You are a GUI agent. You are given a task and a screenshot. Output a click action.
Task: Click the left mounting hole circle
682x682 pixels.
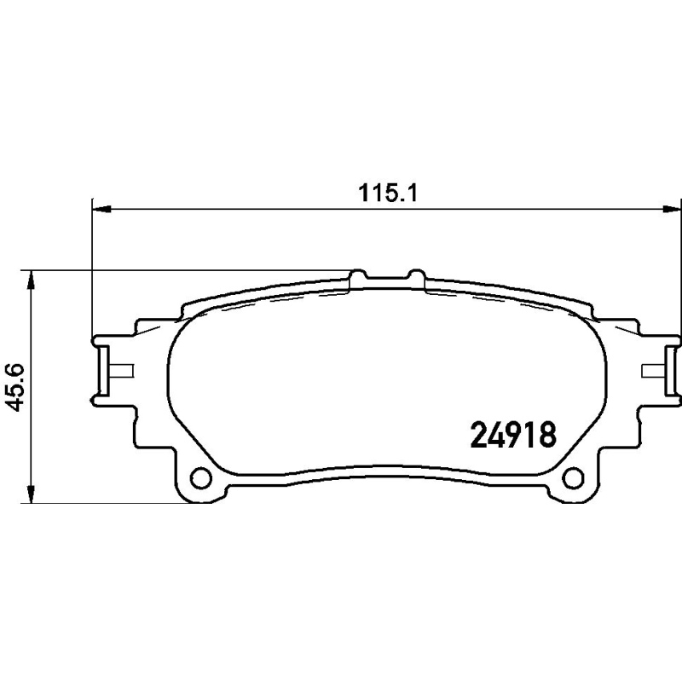click(199, 478)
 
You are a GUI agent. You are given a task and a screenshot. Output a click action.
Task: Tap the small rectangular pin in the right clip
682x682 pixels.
click(652, 370)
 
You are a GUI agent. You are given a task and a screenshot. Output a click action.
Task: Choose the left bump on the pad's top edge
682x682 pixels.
click(358, 276)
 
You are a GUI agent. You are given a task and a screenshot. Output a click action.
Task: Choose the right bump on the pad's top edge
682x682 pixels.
click(416, 276)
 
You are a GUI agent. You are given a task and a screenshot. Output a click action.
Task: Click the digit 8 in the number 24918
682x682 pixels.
click(547, 436)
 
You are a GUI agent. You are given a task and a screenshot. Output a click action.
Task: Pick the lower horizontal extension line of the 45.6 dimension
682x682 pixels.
click(102, 503)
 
